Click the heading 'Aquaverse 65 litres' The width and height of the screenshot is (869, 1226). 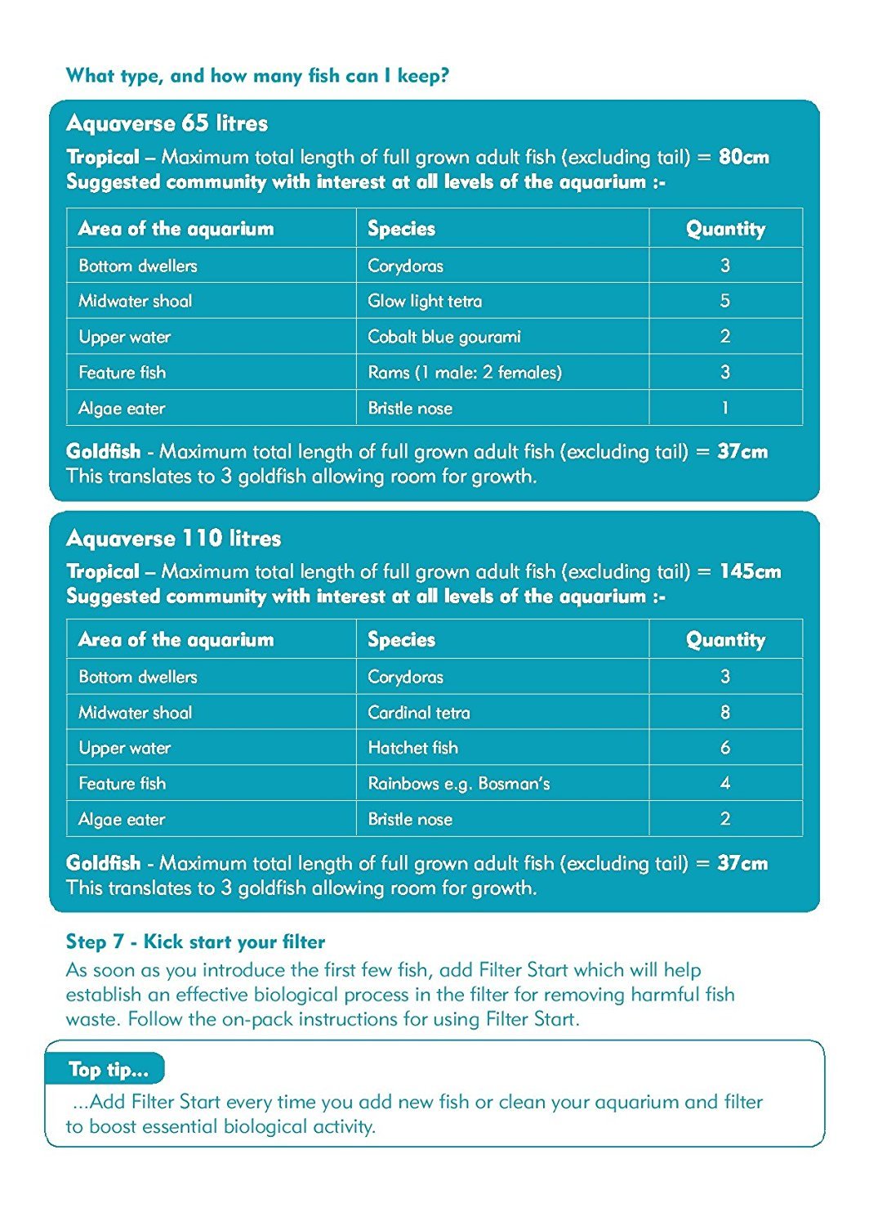click(x=167, y=123)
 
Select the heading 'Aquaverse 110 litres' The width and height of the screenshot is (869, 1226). click(x=174, y=539)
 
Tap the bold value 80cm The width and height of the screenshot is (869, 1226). click(x=744, y=157)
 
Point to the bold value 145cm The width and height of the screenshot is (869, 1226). click(x=750, y=571)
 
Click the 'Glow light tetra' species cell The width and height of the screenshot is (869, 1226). click(x=425, y=301)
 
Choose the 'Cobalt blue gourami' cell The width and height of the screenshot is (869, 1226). click(x=443, y=337)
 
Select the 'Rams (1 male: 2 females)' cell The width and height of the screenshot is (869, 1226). click(x=465, y=373)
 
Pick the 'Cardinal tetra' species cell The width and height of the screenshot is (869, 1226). click(x=419, y=713)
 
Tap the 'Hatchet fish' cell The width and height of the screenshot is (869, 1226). click(x=412, y=748)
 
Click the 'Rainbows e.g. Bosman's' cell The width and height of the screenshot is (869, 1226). click(x=459, y=784)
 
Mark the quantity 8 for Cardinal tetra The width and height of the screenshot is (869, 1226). click(x=725, y=713)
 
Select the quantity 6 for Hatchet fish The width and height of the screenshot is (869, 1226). click(x=725, y=748)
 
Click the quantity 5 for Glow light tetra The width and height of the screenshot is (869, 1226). click(x=725, y=301)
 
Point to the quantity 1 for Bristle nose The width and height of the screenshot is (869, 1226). click(x=725, y=408)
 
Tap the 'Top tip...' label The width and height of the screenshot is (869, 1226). click(x=109, y=1070)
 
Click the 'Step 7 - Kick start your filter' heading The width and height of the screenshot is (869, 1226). click(x=195, y=942)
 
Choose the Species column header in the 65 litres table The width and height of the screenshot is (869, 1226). click(x=401, y=229)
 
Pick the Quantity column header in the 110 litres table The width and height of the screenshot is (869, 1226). click(x=725, y=640)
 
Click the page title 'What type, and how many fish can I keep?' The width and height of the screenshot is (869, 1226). click(x=257, y=76)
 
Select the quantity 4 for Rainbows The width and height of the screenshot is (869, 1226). click(x=725, y=784)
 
